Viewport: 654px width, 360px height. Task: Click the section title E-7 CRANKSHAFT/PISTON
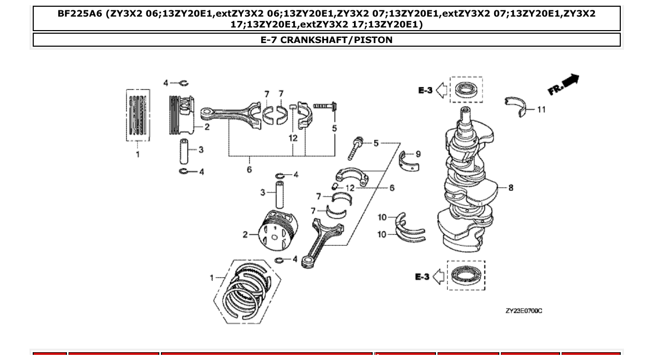[326, 40]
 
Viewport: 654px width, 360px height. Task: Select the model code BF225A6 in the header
[79, 14]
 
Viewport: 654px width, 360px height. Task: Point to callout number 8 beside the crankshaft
[511, 187]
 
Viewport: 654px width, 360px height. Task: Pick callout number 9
[418, 154]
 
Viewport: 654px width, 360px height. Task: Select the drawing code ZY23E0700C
[524, 311]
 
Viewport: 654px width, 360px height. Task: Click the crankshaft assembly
[467, 182]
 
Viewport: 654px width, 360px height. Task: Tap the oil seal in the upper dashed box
[466, 90]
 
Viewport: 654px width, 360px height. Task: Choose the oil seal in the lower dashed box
[466, 275]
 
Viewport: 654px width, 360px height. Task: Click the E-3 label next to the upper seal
[425, 90]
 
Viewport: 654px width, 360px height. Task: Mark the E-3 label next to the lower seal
[423, 277]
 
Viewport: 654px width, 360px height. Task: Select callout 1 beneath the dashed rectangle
[138, 154]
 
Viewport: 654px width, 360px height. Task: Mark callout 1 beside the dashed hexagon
[212, 278]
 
